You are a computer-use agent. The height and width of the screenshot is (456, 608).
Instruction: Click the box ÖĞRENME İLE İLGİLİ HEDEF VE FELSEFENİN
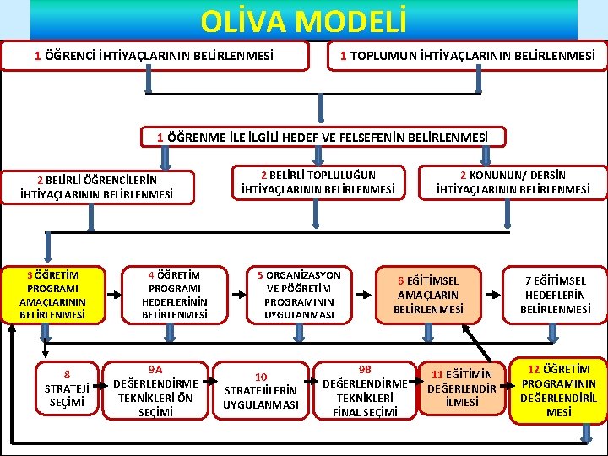[x=323, y=137]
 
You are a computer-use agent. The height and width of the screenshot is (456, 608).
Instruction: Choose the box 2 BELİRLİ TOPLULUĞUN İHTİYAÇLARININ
[x=318, y=182]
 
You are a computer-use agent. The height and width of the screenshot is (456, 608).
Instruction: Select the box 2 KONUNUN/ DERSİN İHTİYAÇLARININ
[x=513, y=182]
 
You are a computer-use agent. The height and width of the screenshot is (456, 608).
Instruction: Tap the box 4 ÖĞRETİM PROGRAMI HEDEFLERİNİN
[x=175, y=295]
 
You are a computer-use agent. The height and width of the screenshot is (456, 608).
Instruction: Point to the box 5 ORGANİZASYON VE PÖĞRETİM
[x=299, y=295]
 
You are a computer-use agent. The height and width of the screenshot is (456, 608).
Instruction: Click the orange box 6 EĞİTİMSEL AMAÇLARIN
[x=428, y=295]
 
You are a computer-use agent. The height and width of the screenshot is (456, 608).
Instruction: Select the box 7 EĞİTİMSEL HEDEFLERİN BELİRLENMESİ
[x=555, y=295]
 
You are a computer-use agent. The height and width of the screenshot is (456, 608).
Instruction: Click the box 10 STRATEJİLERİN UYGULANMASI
[x=261, y=390]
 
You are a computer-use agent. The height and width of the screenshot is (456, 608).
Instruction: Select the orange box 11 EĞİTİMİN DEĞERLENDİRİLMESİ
[x=461, y=388]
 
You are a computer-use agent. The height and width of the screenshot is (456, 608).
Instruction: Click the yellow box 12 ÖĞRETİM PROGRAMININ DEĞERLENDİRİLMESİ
[x=557, y=389]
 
